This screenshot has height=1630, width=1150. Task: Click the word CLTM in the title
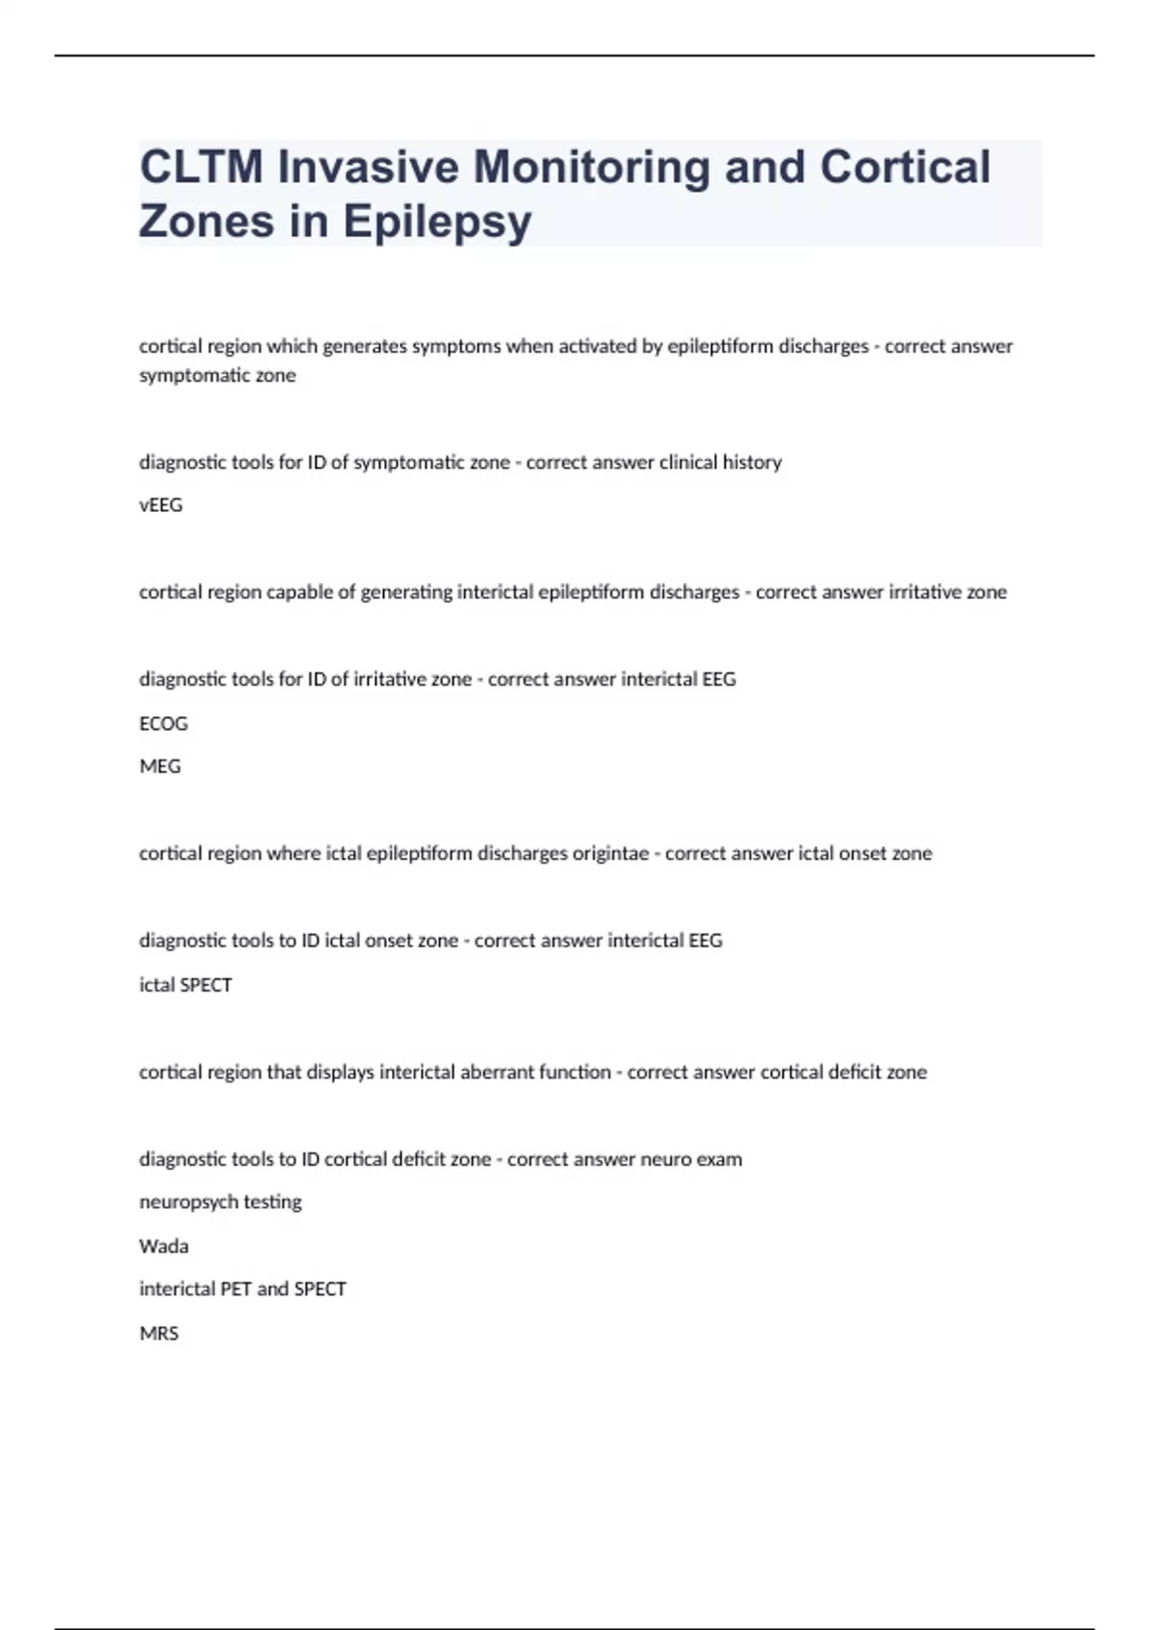coord(200,167)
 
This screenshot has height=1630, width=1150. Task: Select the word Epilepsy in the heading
coord(437,221)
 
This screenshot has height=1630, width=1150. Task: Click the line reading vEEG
coord(161,505)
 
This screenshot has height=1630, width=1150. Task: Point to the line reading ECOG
coord(164,724)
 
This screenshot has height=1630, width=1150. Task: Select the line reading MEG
coord(160,767)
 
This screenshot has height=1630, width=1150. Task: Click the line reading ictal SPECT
coord(186,986)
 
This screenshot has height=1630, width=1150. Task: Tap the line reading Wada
coord(164,1246)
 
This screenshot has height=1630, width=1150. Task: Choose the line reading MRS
coord(159,1334)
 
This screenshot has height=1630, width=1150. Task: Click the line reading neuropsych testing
coord(220,1202)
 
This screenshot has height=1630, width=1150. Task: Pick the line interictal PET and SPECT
coord(242,1290)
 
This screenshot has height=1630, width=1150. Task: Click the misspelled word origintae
coord(610,853)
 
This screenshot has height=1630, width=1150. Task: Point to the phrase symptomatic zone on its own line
coord(218,376)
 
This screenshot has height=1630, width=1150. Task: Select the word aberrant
coord(496,1072)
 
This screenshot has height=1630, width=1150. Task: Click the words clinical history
coord(721,462)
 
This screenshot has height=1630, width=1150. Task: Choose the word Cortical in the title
coord(905,167)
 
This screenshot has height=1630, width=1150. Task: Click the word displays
coord(340,1072)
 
